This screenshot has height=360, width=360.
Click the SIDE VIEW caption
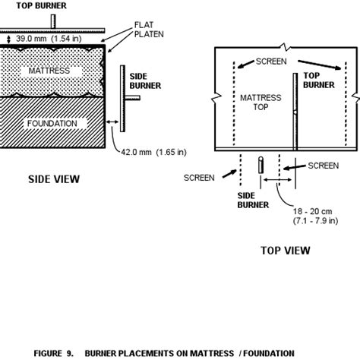[x=53, y=180]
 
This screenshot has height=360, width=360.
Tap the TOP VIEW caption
[x=284, y=249]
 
